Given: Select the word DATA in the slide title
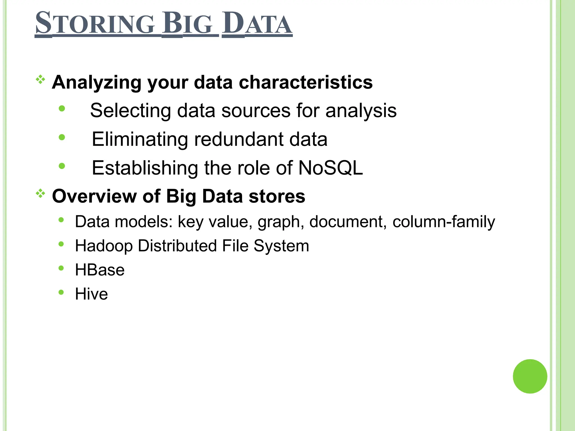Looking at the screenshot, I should [x=257, y=24].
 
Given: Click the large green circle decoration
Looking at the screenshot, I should [x=530, y=376].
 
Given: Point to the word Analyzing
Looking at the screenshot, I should [x=97, y=82].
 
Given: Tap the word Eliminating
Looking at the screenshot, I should [x=140, y=139].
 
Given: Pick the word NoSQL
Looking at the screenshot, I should [x=330, y=168].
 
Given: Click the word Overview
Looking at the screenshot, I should [x=94, y=196].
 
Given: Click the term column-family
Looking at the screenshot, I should [x=444, y=222].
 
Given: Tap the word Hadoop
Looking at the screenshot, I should [x=104, y=246].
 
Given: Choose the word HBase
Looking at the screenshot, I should [x=100, y=270].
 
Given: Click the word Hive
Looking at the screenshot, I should [x=91, y=294].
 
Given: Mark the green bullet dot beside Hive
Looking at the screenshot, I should [x=61, y=292].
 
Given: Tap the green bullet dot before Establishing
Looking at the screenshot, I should [x=62, y=166].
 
